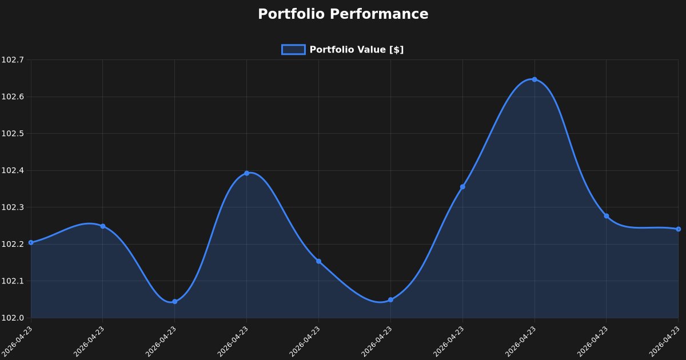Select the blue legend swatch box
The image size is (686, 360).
pos(293,50)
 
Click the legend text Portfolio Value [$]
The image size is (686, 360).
pos(357,50)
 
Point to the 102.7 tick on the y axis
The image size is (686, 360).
pos(13,59)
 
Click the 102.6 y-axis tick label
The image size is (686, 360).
pos(13,97)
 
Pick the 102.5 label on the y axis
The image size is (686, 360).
pos(13,134)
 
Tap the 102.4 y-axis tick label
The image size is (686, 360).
pos(13,170)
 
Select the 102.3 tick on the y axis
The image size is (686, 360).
pos(13,207)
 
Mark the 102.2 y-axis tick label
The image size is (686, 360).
pos(13,244)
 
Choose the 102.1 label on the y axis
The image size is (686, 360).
pos(13,281)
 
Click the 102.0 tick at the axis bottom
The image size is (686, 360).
pos(13,318)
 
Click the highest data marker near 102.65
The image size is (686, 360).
pos(535,79)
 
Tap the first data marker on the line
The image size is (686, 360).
pos(31,242)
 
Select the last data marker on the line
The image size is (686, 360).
pos(678,229)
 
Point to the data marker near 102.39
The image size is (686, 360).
pos(246,173)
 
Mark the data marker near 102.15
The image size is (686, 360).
pos(318,261)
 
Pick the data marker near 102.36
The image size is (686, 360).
pos(462,187)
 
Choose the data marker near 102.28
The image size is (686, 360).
pos(607,216)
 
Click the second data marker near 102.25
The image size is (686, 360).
pos(103,226)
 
